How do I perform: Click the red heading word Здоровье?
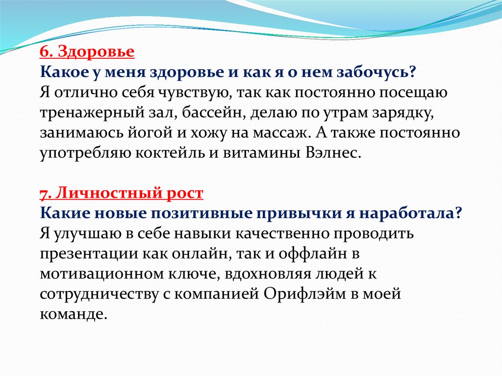[97, 52]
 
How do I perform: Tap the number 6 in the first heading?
[45, 51]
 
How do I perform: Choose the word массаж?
[279, 133]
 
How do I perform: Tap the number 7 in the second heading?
[45, 194]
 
